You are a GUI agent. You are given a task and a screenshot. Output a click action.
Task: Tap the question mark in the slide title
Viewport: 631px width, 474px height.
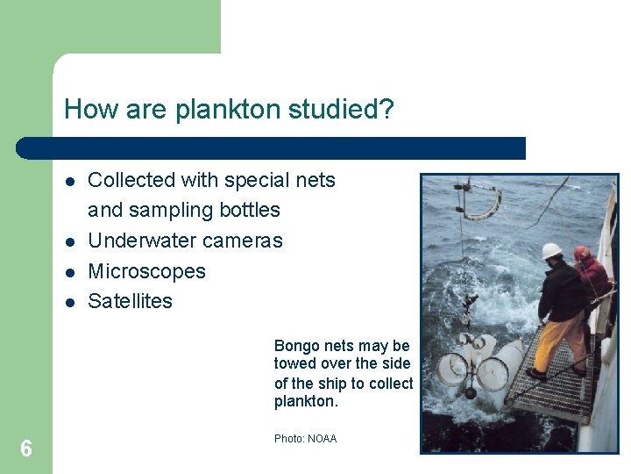pos(386,110)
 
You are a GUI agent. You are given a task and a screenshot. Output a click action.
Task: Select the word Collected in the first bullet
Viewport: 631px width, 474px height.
pos(131,180)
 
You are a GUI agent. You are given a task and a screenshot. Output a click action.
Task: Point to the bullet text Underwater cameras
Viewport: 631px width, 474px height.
pos(185,241)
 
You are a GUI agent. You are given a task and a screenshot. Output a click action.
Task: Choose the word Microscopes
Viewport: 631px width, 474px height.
pos(146,271)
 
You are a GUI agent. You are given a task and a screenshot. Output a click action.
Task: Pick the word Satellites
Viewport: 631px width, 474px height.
pos(130,301)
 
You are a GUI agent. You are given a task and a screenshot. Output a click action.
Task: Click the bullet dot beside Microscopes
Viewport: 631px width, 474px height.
pos(68,272)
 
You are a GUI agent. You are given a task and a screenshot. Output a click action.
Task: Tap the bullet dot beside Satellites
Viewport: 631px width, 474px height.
pos(68,302)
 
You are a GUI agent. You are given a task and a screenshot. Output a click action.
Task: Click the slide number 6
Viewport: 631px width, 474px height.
pos(26,449)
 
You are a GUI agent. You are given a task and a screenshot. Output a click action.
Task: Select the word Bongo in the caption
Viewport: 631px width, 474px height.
pos(294,346)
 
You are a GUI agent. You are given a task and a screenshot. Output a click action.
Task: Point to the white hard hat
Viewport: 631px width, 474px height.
pos(551,252)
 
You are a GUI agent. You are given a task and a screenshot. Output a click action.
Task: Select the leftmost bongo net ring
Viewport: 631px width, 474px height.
pos(451,369)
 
